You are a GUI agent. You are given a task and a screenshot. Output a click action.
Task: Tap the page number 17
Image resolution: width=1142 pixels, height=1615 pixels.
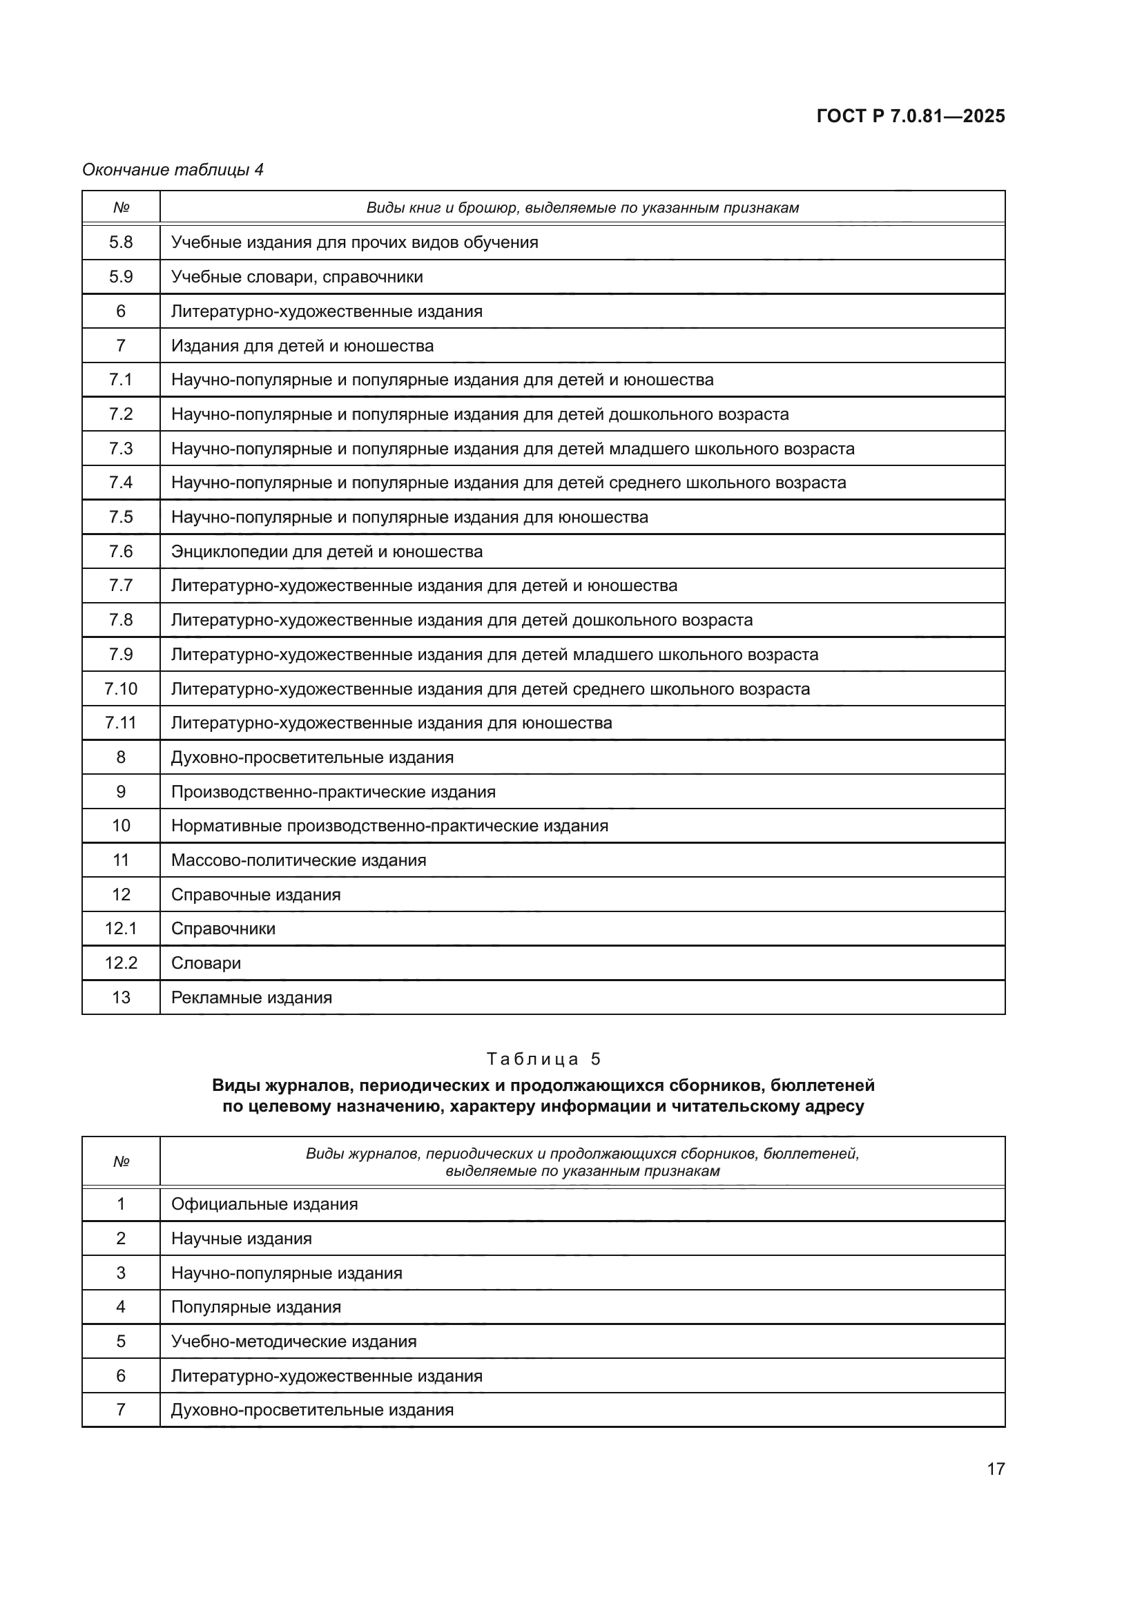point(995,1469)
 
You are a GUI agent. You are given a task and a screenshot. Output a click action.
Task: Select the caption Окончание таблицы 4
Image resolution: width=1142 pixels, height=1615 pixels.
point(173,170)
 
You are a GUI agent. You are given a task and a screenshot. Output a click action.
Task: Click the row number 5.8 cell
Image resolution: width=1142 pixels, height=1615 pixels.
point(121,242)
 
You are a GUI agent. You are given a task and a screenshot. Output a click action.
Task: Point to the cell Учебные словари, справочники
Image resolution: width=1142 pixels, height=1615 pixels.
point(297,277)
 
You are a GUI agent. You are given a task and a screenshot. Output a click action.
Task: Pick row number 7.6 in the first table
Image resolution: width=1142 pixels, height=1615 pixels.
point(121,552)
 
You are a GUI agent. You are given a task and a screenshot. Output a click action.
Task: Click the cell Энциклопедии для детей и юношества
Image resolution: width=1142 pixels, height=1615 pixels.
point(327,552)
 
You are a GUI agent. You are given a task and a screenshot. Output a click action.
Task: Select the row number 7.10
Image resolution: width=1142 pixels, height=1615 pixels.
point(121,688)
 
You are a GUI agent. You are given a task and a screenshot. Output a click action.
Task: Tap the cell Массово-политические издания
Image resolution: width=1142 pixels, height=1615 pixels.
point(299,860)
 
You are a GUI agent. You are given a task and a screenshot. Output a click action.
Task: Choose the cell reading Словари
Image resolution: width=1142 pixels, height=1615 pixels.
point(206,963)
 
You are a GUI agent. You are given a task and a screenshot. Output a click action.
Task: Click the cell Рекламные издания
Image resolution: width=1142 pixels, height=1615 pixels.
point(252,998)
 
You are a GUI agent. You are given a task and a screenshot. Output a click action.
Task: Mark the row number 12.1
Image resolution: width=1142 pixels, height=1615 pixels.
point(121,929)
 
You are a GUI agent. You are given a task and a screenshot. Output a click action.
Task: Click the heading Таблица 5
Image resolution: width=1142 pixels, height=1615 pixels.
point(543,1059)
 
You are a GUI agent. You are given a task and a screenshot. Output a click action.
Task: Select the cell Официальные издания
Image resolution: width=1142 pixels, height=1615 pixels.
point(264,1204)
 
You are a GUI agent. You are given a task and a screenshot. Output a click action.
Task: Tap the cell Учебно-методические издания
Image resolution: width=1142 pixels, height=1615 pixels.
point(294,1342)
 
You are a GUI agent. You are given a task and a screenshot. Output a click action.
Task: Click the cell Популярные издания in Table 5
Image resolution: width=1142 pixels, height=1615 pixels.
point(256,1307)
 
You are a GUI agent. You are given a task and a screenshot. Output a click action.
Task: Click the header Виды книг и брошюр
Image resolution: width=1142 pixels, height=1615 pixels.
point(582,209)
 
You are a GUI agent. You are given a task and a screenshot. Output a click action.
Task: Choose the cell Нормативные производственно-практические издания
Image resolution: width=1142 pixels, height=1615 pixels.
point(389,826)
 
